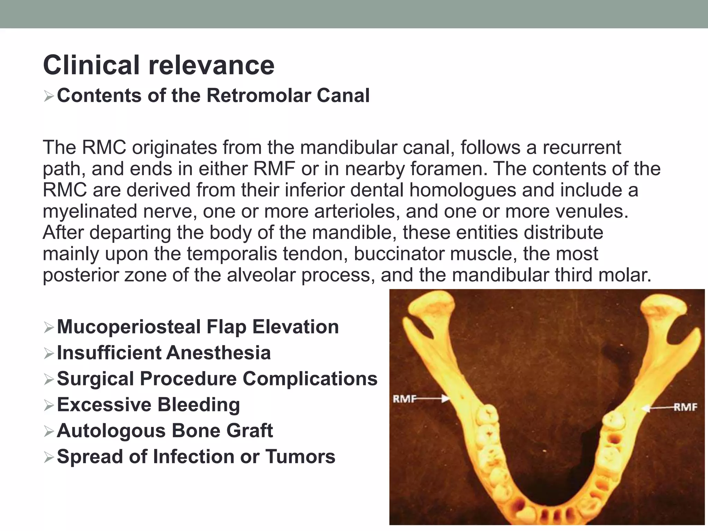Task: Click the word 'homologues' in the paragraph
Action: coord(463,190)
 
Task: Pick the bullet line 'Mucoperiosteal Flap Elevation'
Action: coord(198,327)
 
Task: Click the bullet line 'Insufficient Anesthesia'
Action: coord(164,353)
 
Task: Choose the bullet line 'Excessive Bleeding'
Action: coord(148,405)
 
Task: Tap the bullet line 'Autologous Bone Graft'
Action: coord(165,431)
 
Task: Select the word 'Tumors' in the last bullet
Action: coord(300,457)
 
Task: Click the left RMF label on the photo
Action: coord(403,399)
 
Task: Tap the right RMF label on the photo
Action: coord(686,407)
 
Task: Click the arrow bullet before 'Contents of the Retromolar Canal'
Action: coord(49,96)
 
